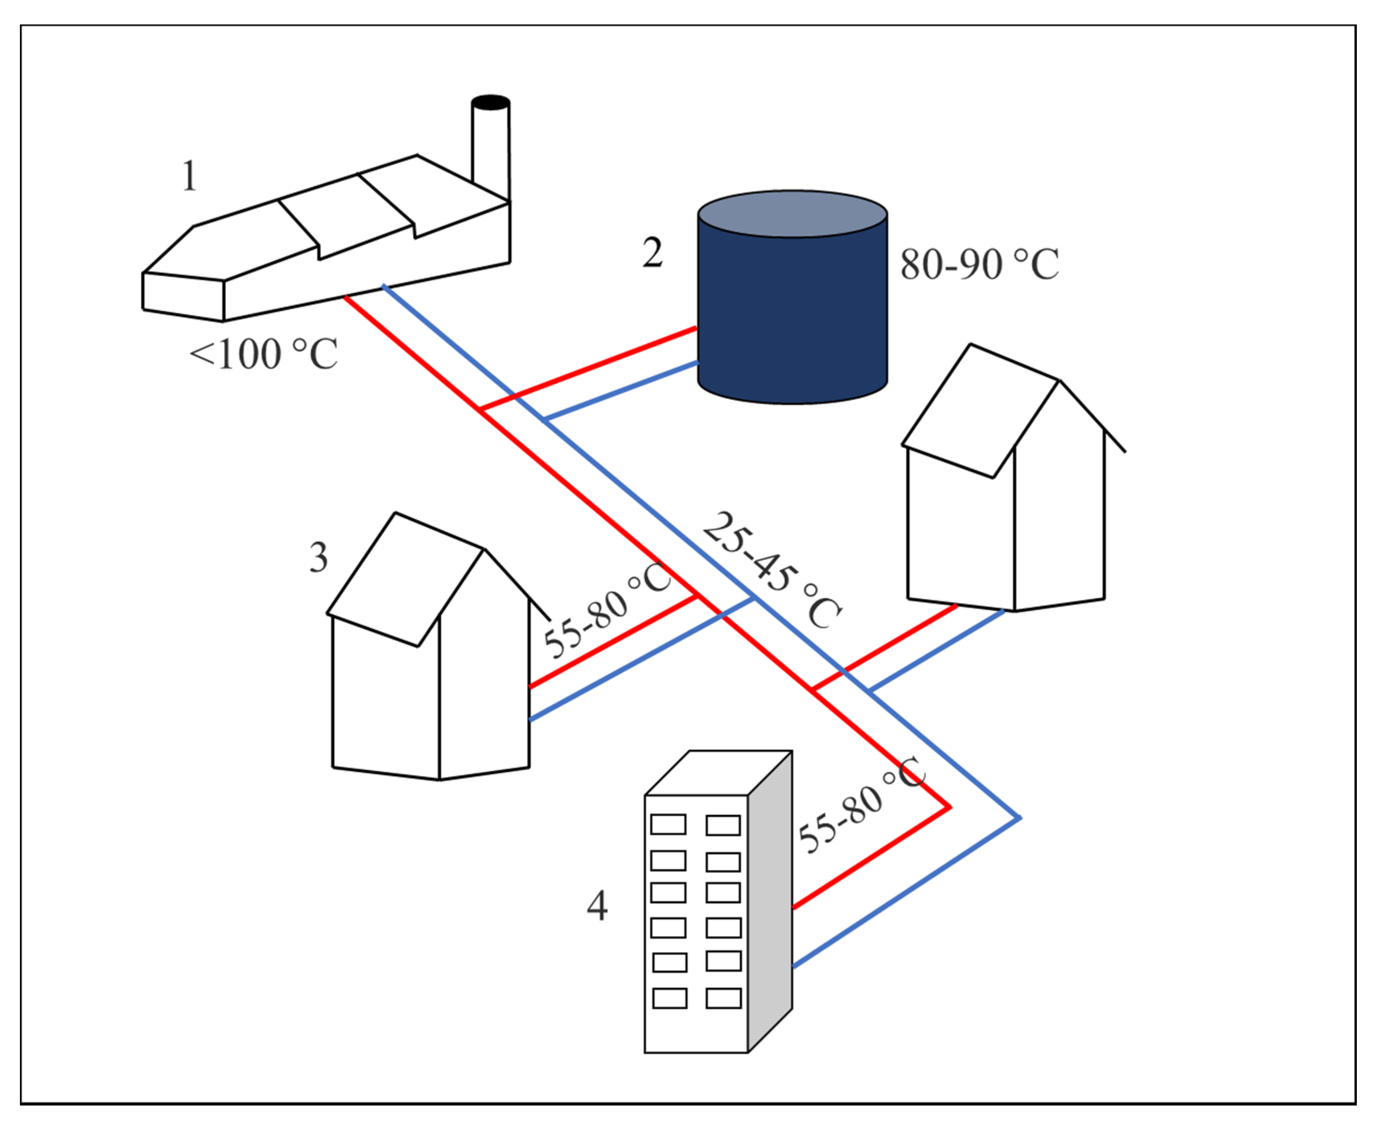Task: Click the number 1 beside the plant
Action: tap(189, 176)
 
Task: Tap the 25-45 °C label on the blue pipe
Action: tap(772, 570)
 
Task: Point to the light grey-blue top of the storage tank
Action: tap(791, 213)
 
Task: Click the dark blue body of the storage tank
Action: tap(791, 311)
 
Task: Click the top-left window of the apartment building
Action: tap(668, 824)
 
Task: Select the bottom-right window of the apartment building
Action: tap(723, 998)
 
